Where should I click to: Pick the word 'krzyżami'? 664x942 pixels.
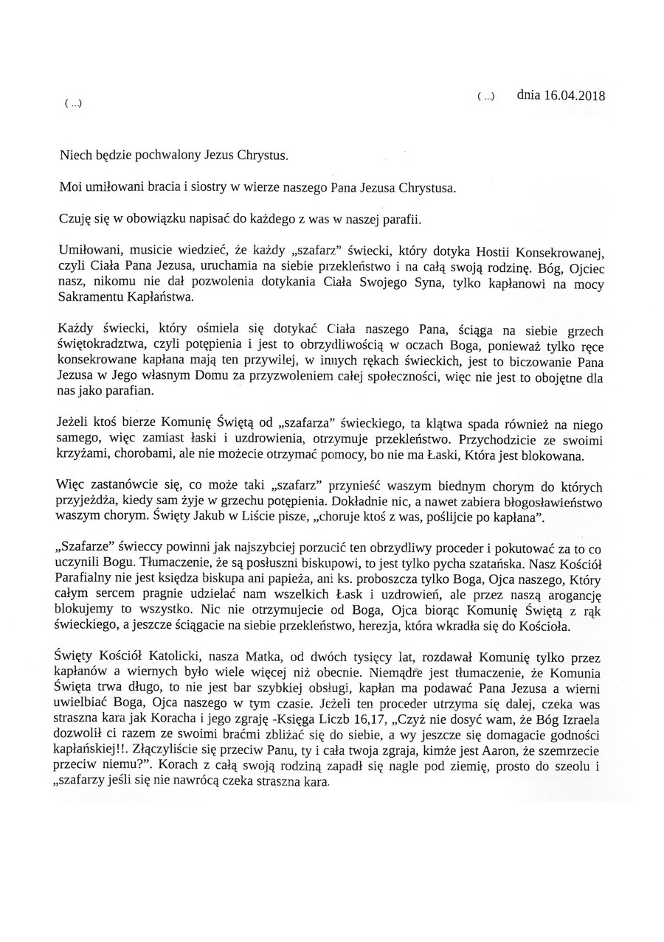81,456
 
